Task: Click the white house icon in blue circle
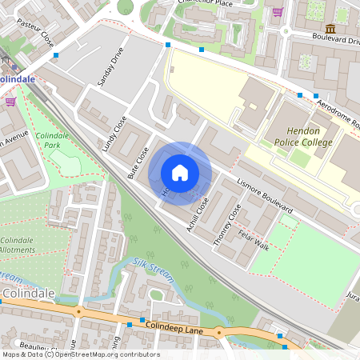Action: click(x=180, y=173)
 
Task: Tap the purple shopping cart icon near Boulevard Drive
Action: click(x=278, y=12)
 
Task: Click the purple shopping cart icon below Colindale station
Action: click(x=10, y=102)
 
